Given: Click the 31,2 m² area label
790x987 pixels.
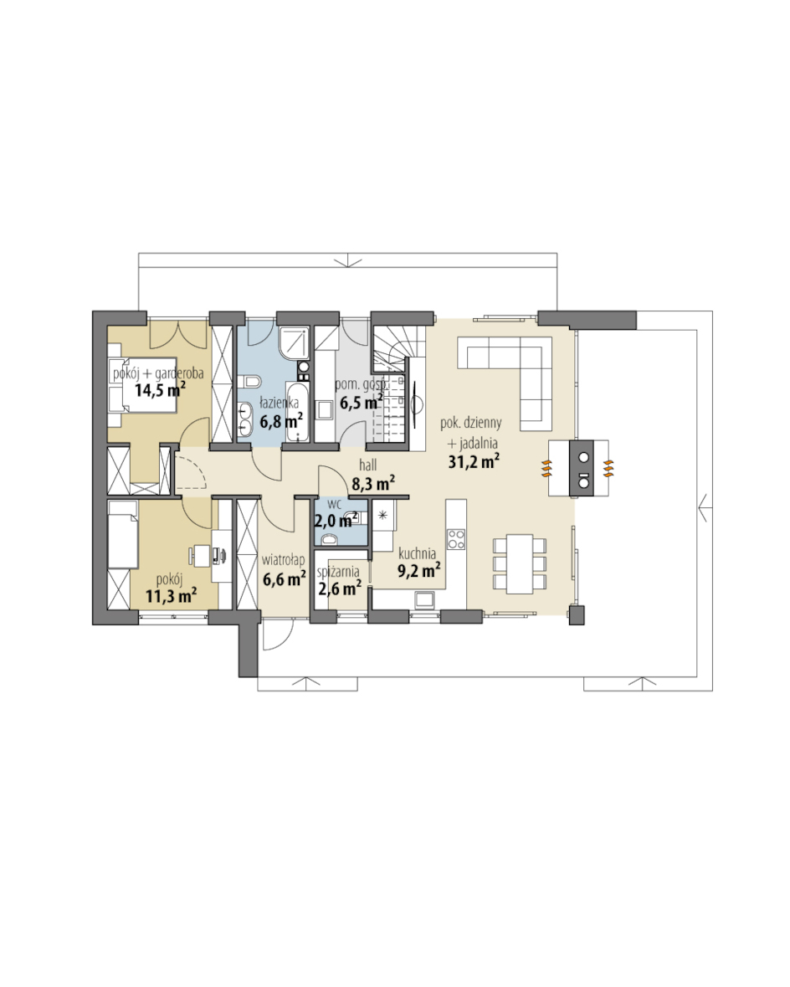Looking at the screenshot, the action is click(474, 461).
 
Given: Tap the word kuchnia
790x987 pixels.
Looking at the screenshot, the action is click(417, 554).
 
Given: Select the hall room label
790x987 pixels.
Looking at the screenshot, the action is click(368, 465).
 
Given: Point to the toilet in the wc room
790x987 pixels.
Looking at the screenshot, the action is click(329, 539).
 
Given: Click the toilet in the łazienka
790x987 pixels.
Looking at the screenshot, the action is click(252, 382).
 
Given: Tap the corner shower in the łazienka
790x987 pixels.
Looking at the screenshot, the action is click(294, 342).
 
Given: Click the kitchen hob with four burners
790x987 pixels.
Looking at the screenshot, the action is click(456, 538).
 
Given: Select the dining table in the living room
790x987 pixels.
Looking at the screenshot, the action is click(520, 564).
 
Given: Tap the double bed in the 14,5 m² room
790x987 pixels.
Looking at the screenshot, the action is click(142, 384).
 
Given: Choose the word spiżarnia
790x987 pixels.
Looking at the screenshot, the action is click(339, 572).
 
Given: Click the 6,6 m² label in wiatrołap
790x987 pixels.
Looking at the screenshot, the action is click(284, 578).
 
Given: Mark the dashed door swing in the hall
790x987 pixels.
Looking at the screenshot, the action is click(191, 472).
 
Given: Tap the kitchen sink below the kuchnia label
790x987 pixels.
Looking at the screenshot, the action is click(423, 600).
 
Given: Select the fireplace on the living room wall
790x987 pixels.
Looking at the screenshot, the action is click(578, 468).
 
